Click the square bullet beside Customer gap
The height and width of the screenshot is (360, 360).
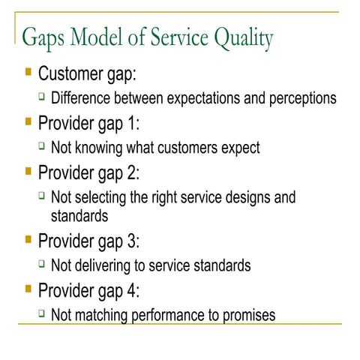tap(28, 73)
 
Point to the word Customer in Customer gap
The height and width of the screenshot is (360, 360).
tap(73, 74)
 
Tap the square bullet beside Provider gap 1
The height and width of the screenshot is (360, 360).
tap(28, 121)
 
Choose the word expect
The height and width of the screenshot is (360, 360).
tap(240, 148)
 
